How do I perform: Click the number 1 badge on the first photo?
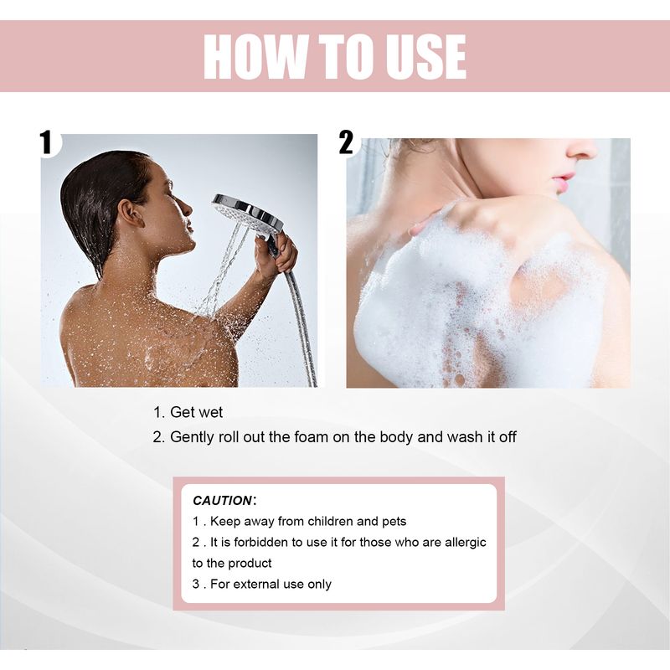tap(47, 142)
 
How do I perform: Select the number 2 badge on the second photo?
tap(347, 143)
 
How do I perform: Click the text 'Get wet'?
tap(196, 412)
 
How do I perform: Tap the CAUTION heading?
tap(222, 500)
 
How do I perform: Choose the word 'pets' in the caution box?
tap(392, 521)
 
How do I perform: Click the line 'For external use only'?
tap(271, 584)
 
